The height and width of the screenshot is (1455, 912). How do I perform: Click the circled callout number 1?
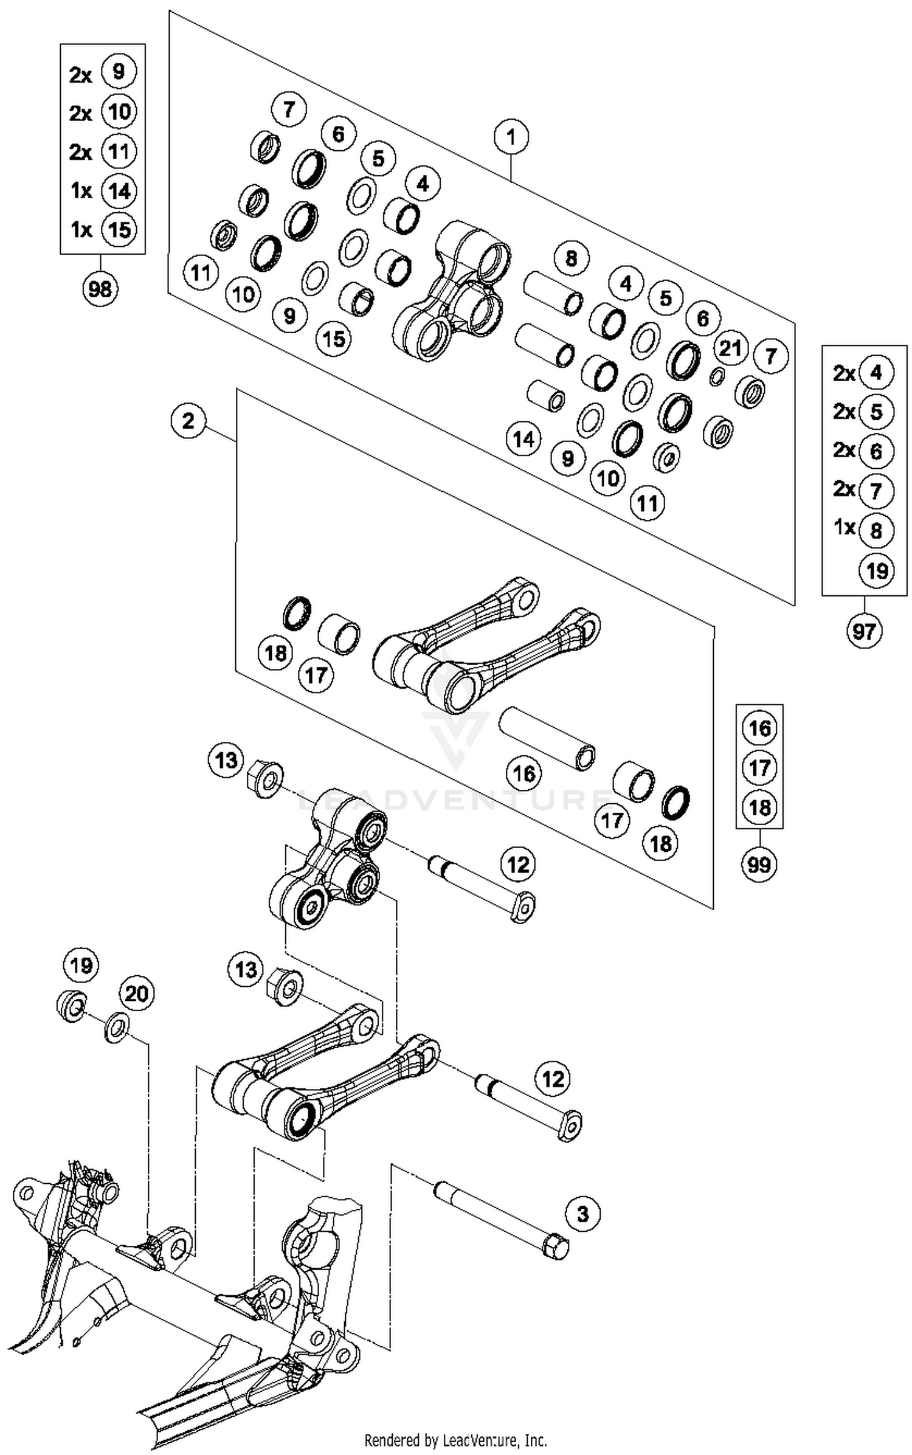pos(511,137)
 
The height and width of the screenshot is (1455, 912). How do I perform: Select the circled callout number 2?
pos(188,421)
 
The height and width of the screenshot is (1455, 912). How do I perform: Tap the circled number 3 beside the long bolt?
pos(582,1214)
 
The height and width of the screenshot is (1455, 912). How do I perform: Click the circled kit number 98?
pos(100,289)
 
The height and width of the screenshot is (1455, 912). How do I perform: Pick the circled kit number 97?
pos(863,632)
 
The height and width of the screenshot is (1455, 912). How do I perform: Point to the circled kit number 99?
pos(759,864)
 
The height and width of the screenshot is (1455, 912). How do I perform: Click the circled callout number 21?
pos(730,348)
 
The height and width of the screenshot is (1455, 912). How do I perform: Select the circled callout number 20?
pos(136,994)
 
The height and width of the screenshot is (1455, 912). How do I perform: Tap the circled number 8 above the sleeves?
pos(571,258)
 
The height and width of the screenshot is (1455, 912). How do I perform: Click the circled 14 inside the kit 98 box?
pos(119,191)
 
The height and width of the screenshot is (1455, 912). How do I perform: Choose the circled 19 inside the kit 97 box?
pos(876,570)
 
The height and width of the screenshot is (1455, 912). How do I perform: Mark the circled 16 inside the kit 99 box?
pos(759,728)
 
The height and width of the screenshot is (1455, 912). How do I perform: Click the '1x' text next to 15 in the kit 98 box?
pos(81,230)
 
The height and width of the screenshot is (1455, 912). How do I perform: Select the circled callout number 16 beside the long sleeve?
pos(524,773)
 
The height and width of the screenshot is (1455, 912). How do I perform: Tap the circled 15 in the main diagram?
pos(334,339)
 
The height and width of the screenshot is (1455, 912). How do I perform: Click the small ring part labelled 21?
pos(717,377)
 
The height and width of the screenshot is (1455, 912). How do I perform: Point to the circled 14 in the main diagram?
pos(523,438)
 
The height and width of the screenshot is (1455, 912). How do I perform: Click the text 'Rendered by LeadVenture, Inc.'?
pos(455,1440)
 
